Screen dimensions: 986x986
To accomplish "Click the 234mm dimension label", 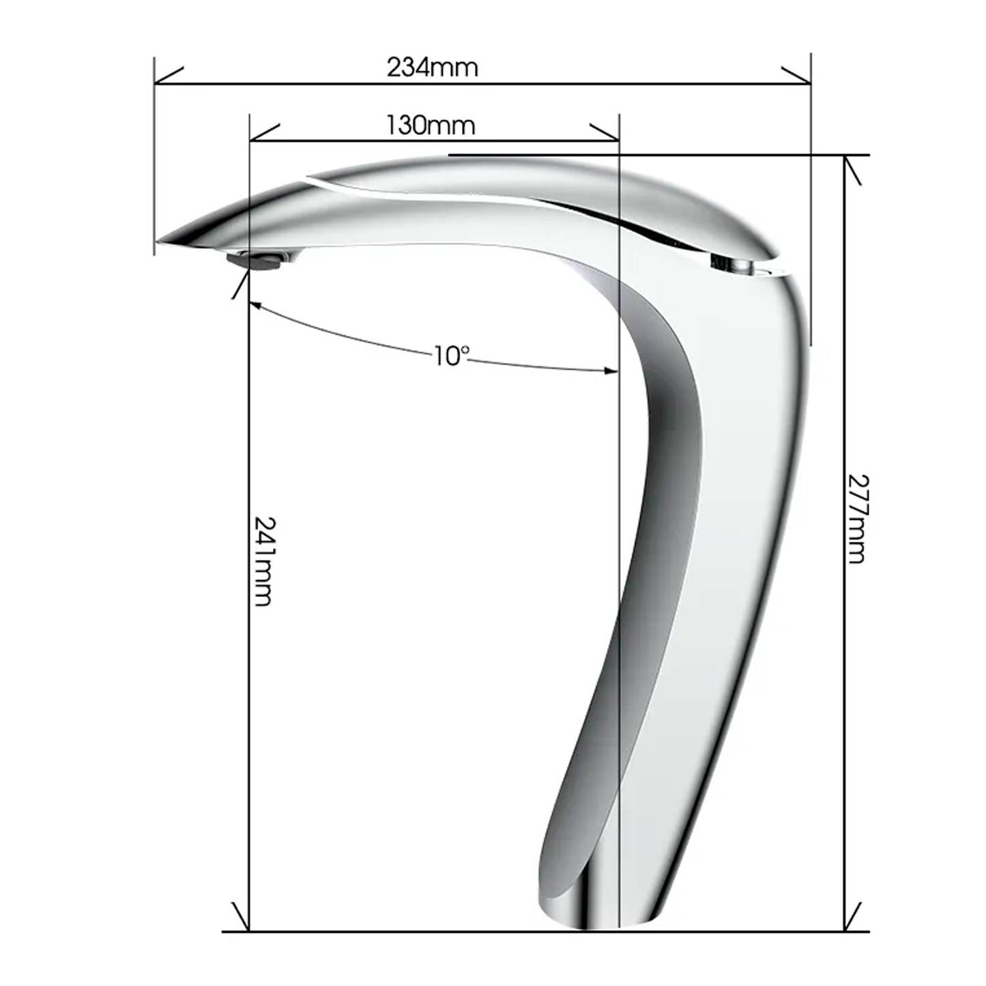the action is [433, 67].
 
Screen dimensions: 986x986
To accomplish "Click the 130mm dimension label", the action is [431, 125].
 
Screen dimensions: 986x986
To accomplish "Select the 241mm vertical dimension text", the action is [263, 561].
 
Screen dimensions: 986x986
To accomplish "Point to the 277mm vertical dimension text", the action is [856, 519].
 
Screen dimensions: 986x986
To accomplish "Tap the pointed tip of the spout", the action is [158, 240].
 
